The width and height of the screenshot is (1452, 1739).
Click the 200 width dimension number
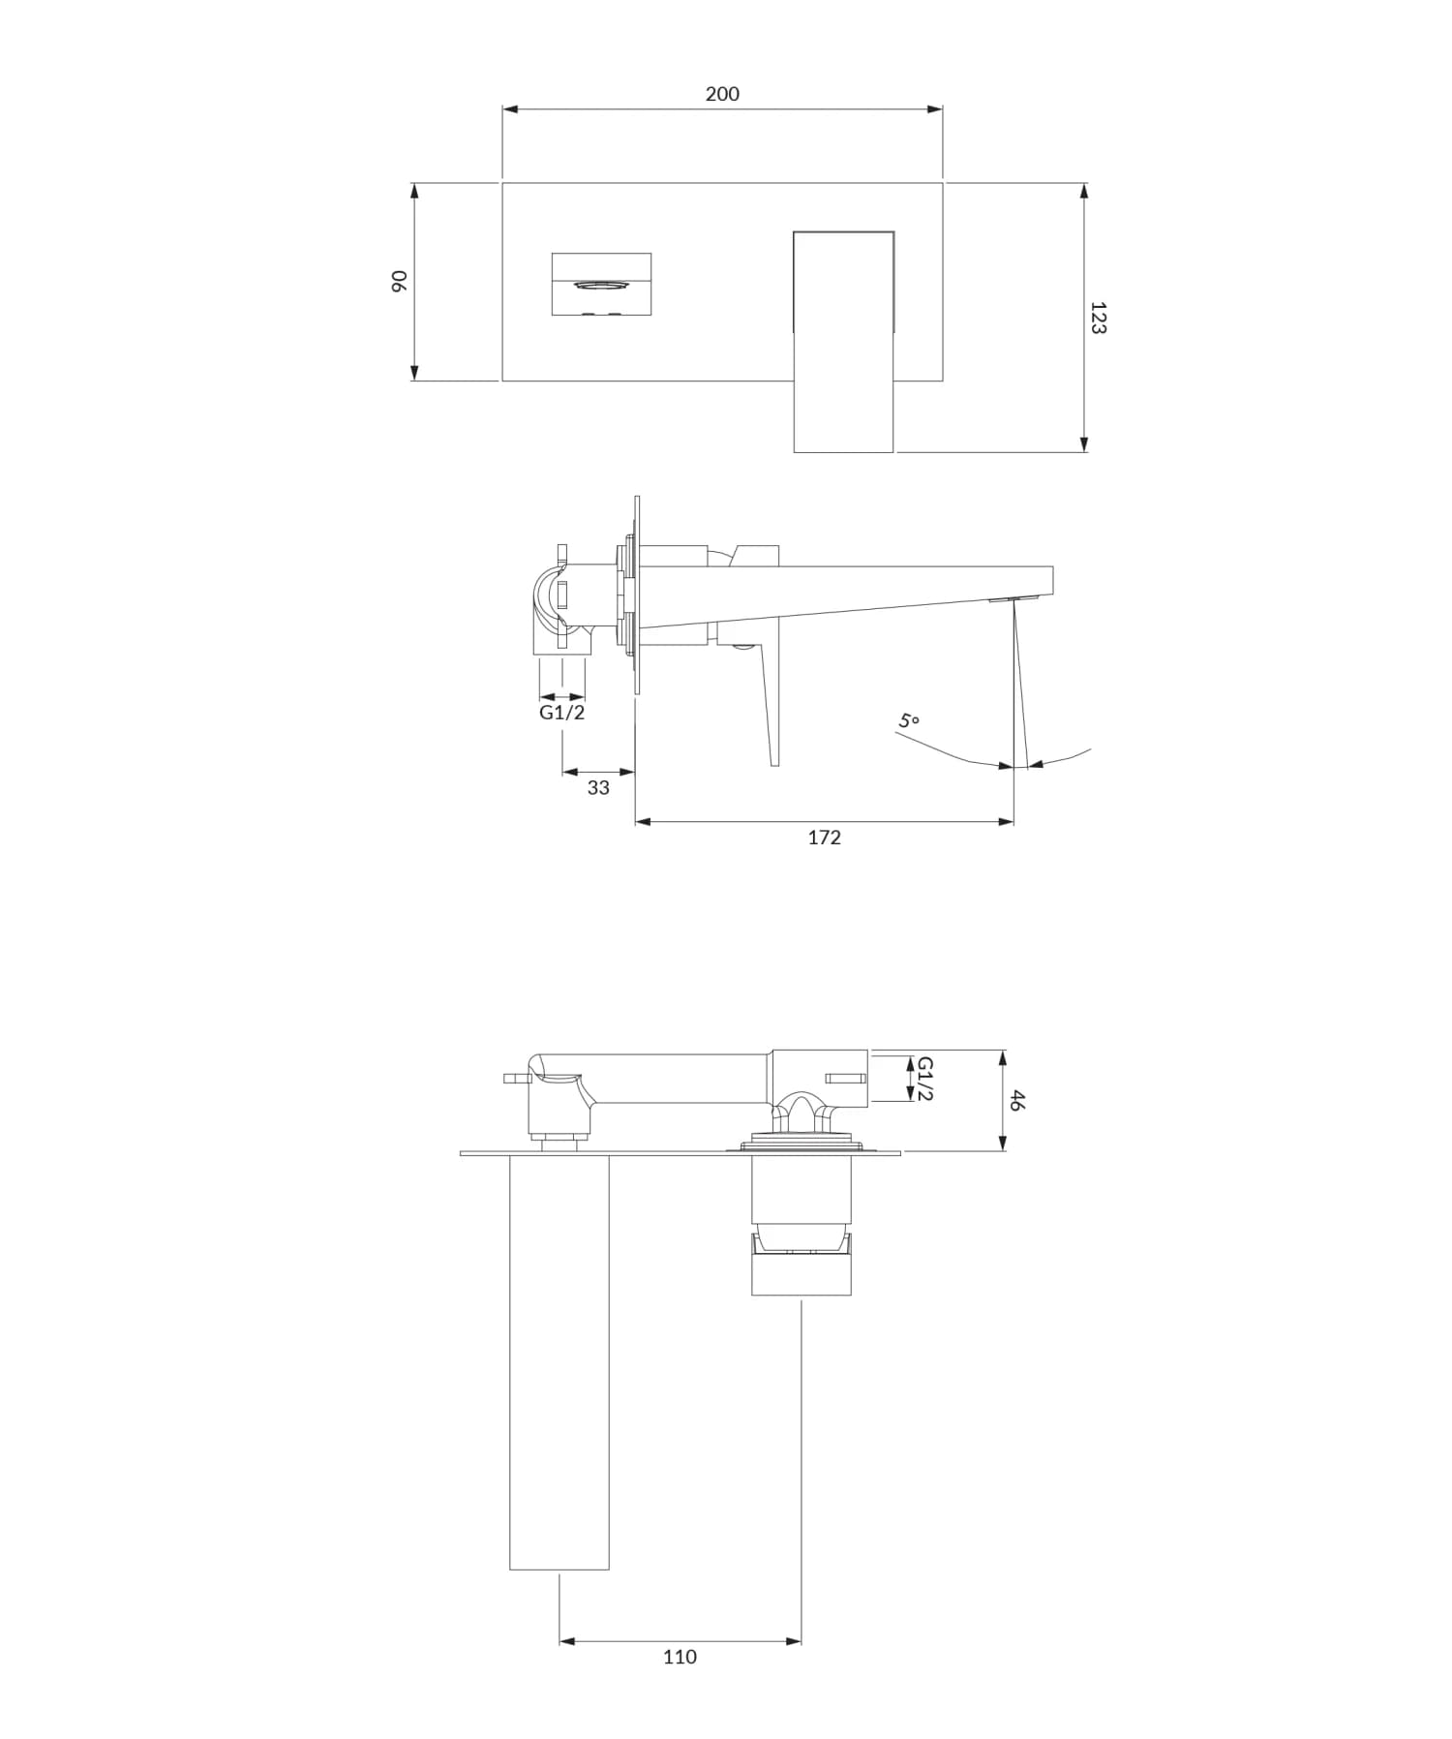722,94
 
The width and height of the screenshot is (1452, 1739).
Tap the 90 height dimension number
398,282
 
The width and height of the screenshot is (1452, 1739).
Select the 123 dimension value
1097,318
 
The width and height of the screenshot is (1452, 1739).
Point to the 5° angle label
908,721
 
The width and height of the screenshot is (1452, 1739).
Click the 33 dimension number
598,788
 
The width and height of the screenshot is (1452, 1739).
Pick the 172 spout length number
825,838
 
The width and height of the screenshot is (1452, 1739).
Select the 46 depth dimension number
1015,1100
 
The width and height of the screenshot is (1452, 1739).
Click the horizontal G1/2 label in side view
562,713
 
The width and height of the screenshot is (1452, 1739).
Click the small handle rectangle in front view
601,284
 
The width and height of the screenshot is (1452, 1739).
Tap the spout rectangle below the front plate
843,416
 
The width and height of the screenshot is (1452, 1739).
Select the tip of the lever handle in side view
774,761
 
